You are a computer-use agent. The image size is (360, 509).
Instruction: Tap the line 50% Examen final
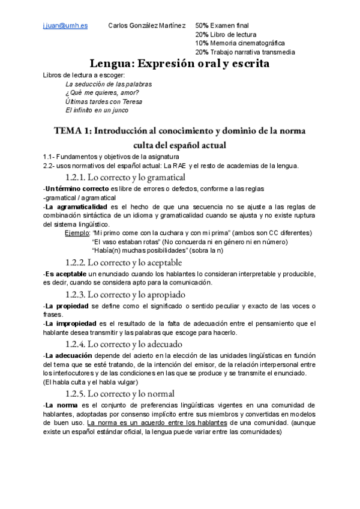coord(222,26)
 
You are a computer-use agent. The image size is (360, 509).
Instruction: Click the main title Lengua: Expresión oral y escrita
coord(179,63)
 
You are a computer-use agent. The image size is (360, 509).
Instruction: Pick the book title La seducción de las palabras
coord(109,84)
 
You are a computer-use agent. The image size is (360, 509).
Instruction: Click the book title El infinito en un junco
coord(97,110)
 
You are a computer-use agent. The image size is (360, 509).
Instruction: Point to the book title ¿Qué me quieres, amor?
coord(102,93)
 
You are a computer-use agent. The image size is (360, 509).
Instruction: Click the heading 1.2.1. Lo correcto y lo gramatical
coord(125,177)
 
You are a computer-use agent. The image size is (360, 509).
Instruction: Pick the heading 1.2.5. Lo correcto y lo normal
coord(119,394)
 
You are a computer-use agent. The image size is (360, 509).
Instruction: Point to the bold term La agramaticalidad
coord(74,206)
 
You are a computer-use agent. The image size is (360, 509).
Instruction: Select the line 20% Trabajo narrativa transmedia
coord(245,52)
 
